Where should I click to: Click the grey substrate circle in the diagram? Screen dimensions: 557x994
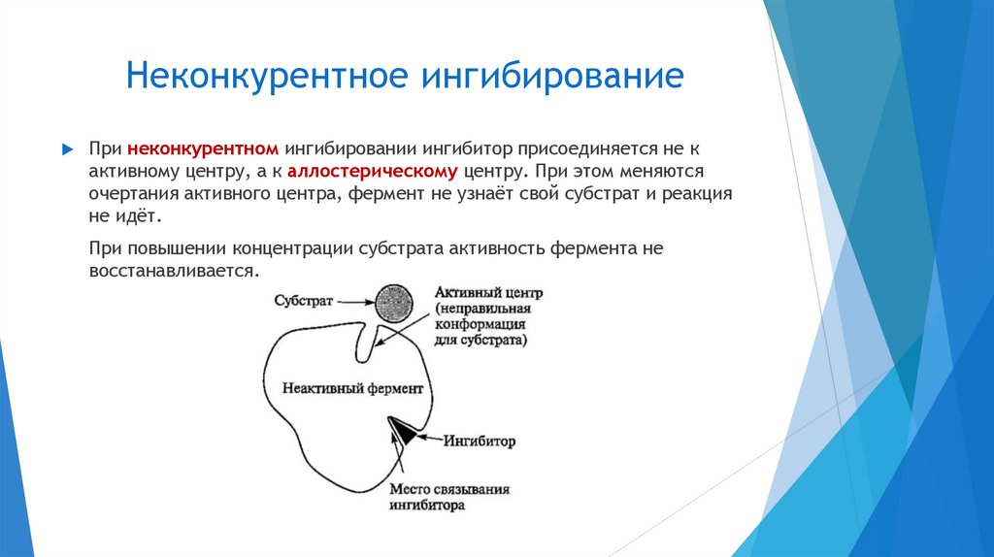click(394, 303)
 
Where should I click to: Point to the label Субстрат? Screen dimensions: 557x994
click(304, 302)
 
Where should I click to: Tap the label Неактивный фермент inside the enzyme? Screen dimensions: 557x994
click(352, 388)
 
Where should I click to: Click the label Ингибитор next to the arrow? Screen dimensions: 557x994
click(480, 442)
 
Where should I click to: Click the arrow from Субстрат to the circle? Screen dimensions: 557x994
click(353, 302)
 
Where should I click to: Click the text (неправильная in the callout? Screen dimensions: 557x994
click(480, 309)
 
